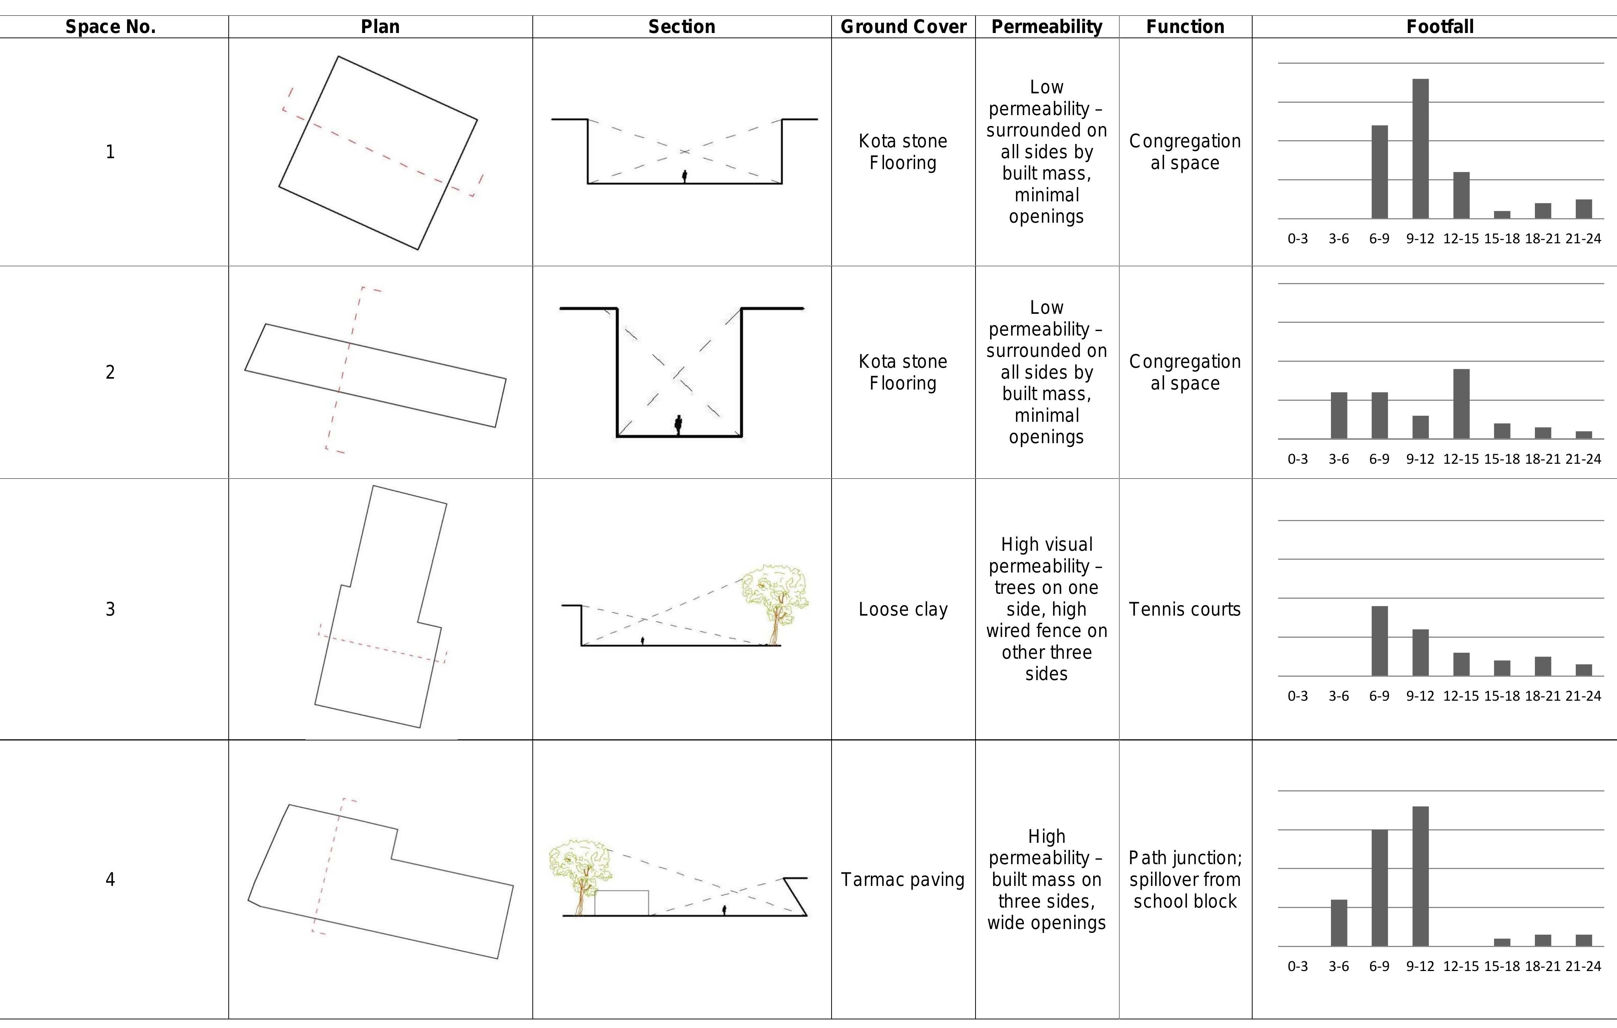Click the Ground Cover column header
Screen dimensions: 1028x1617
click(903, 27)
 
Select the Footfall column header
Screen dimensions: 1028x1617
click(1440, 27)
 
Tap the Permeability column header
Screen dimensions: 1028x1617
click(1046, 27)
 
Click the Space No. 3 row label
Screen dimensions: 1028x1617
click(110, 609)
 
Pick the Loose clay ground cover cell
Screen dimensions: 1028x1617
click(903, 609)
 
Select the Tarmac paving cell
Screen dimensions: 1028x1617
click(903, 880)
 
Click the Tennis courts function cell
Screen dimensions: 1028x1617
click(1185, 609)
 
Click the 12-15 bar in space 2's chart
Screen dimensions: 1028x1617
click(1461, 403)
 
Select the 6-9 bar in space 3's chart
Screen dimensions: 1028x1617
click(1379, 641)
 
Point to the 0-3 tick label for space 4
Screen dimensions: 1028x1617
click(1297, 966)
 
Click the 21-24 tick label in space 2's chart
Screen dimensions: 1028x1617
click(1583, 459)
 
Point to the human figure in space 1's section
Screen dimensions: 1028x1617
click(684, 177)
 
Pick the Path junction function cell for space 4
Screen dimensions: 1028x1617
click(1185, 880)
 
